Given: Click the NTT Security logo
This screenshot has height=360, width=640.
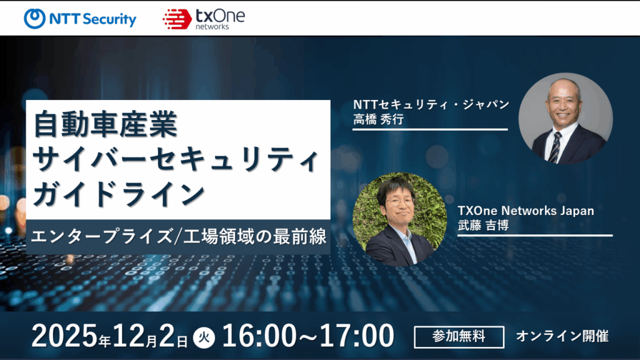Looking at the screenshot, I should click(80, 19).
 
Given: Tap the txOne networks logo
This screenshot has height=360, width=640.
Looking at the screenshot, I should click(203, 19).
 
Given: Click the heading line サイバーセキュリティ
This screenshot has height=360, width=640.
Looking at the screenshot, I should click(177, 158).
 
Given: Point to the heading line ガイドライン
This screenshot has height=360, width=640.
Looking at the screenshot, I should click(118, 192).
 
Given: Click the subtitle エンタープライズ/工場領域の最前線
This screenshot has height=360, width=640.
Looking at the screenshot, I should click(178, 238).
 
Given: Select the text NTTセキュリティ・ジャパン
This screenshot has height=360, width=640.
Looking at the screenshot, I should click(431, 104).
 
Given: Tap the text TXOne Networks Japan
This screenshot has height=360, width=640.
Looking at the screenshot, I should click(526, 211).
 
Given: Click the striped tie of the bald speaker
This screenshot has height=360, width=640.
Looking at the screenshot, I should click(554, 147).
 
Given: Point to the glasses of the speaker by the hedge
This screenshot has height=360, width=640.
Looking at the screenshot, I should click(395, 202).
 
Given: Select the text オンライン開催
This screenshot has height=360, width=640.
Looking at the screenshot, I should click(561, 336).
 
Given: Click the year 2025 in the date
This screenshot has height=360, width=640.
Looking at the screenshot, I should click(64, 336).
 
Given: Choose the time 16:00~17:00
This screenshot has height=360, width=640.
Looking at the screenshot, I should click(308, 336).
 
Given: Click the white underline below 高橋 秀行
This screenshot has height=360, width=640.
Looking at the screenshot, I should click(431, 129).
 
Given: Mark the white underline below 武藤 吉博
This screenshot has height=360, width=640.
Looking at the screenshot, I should click(535, 236).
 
